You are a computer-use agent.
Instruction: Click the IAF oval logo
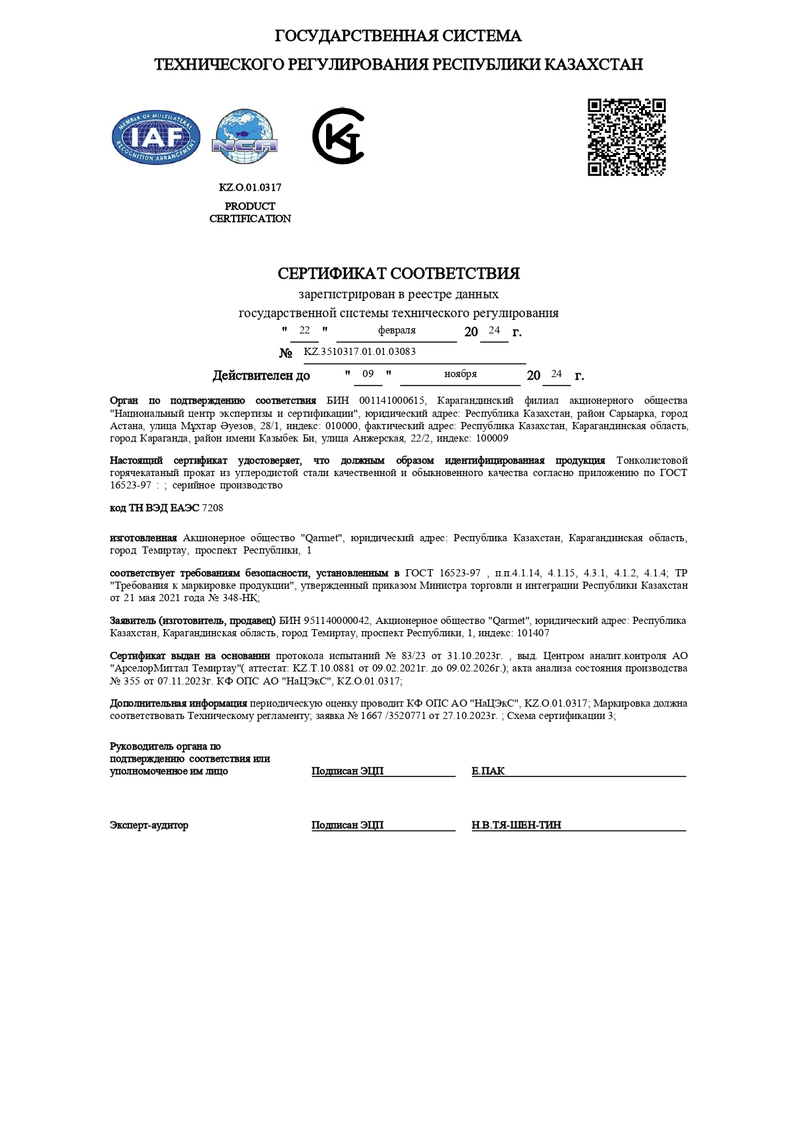(156, 137)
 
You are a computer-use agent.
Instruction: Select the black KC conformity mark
(338, 136)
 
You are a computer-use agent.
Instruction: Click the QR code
(626, 137)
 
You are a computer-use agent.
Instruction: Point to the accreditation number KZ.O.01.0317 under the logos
(250, 188)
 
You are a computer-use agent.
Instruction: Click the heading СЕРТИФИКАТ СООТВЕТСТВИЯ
(398, 274)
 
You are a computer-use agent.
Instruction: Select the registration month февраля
(396, 330)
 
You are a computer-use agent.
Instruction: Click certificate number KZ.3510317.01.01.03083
(359, 352)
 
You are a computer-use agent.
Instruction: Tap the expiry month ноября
(460, 374)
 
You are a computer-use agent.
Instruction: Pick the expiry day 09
(368, 374)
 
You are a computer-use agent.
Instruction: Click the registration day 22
(304, 330)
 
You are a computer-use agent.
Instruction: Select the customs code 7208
(213, 508)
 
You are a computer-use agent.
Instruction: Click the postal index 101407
(533, 633)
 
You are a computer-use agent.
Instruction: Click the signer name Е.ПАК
(488, 771)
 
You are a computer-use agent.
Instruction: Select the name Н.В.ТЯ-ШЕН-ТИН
(516, 825)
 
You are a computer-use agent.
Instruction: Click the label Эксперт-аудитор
(149, 825)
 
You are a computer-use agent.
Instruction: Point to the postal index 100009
(492, 438)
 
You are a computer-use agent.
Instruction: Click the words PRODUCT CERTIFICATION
(250, 212)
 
